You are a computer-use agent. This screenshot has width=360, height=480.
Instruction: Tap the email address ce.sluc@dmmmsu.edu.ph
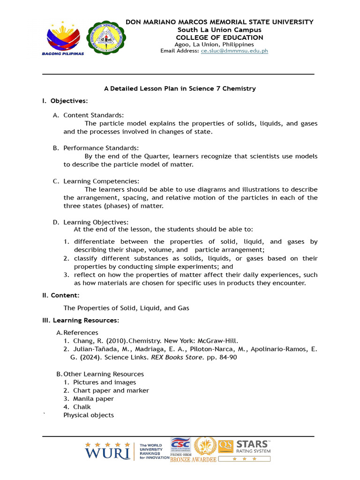tap(234, 51)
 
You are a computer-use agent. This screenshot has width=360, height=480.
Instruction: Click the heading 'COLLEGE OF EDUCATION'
tap(219, 37)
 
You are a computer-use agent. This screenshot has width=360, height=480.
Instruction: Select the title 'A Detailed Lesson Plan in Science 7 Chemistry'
tap(180, 88)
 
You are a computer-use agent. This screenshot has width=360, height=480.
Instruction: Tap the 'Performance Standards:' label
tap(101, 148)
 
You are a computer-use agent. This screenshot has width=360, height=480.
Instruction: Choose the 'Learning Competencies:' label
tap(101, 181)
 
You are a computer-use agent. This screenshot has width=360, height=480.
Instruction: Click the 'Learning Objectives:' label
tap(96, 222)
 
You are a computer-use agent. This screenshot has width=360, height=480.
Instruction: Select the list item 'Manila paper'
tap(93, 399)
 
